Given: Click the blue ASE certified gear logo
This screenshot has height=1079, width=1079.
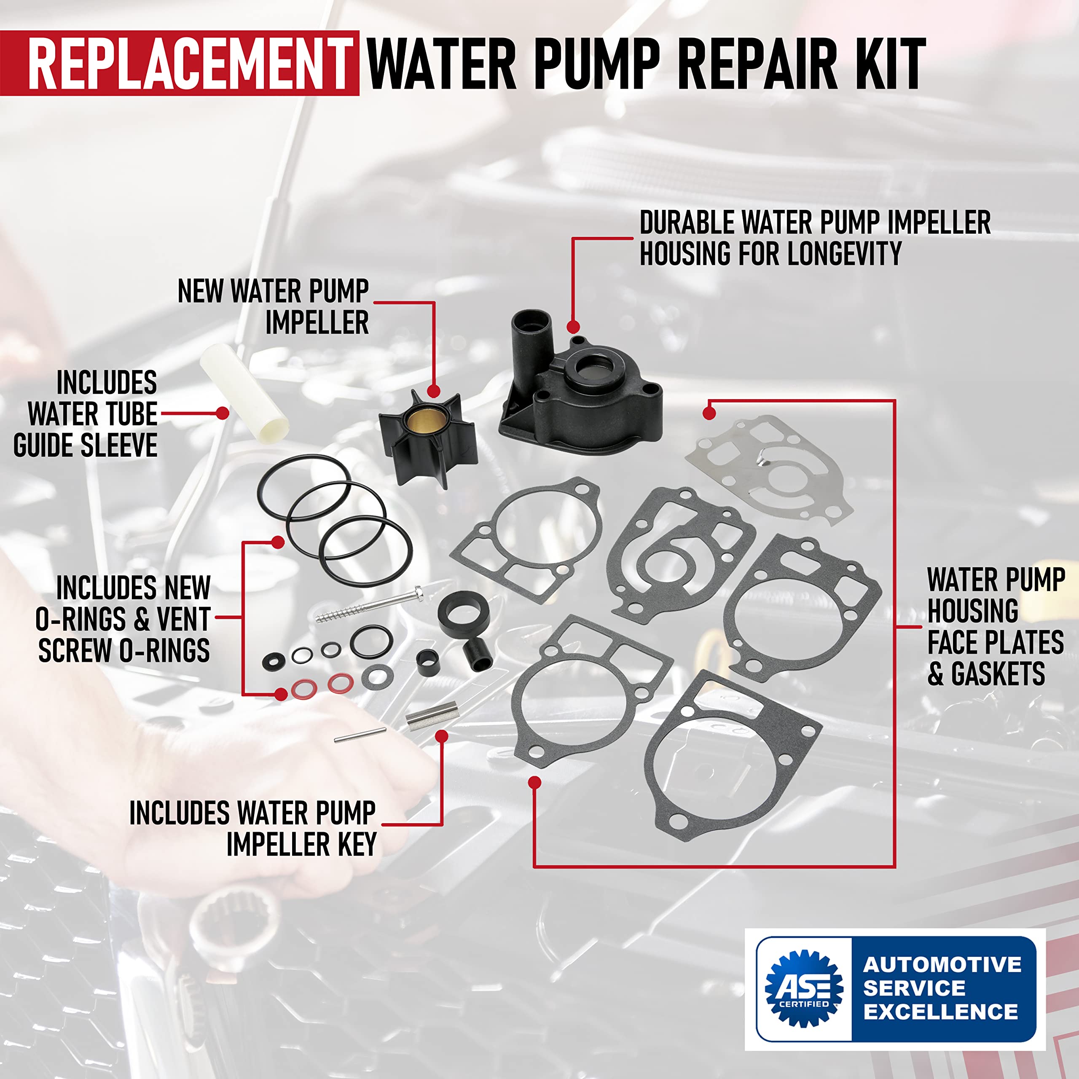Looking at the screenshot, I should (804, 988).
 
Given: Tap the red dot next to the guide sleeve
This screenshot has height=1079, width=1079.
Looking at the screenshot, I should (222, 413).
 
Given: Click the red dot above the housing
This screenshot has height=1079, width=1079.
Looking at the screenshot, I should (572, 327).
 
